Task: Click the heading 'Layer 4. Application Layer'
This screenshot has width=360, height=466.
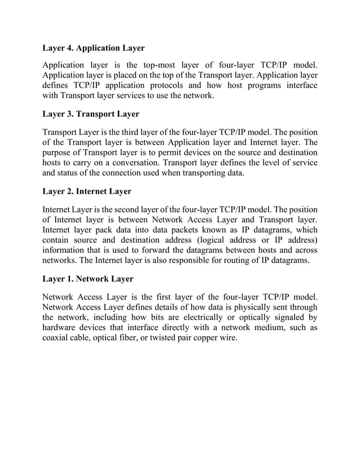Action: point(94,48)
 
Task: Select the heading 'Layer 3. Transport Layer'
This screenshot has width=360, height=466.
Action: point(91,114)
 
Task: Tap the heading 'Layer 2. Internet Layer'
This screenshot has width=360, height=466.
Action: point(87,191)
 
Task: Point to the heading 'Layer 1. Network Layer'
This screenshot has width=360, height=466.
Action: point(88,279)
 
